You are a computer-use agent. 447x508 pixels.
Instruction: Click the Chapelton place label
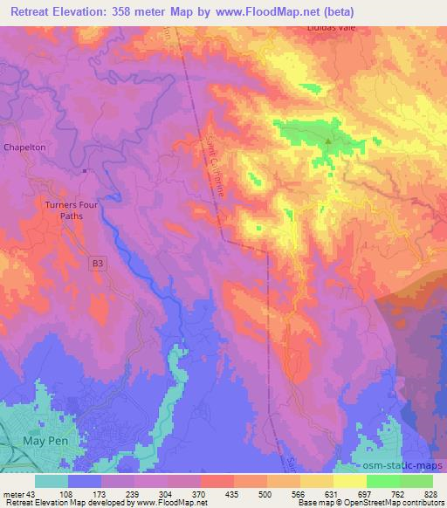(24, 148)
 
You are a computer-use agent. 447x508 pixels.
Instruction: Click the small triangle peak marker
(328, 141)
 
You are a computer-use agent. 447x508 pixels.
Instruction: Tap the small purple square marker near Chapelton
(85, 171)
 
